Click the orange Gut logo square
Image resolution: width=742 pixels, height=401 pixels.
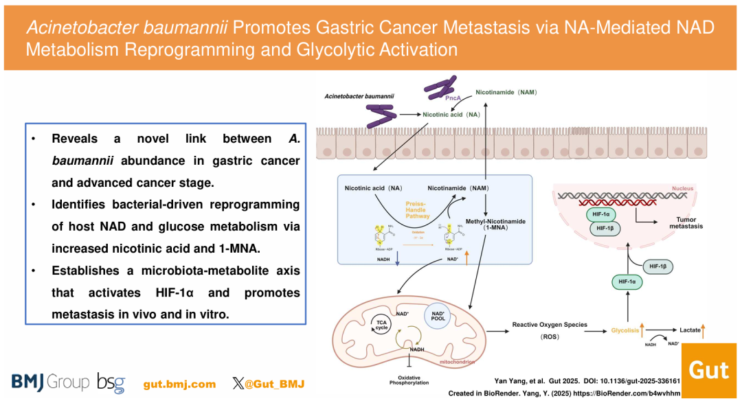pyautogui.click(x=708, y=371)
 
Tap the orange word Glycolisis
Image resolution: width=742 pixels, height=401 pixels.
pyautogui.click(x=625, y=330)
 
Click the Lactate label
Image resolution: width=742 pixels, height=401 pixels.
pyautogui.click(x=690, y=330)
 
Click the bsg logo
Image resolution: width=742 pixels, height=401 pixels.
pyautogui.click(x=111, y=382)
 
